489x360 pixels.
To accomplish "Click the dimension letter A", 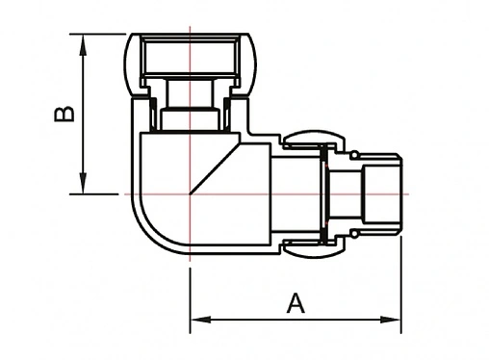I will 296,303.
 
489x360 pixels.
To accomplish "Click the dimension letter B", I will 63,115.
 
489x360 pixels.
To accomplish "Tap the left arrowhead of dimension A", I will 195,320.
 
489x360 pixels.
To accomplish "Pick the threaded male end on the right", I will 383,193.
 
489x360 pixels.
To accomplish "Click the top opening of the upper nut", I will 189,41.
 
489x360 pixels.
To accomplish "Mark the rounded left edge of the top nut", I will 132,65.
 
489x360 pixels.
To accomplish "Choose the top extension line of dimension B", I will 101,35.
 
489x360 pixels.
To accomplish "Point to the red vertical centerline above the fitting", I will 189,23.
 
